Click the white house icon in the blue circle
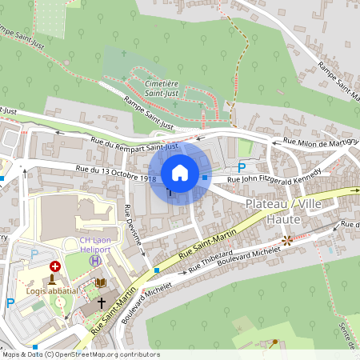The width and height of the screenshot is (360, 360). click(180, 173)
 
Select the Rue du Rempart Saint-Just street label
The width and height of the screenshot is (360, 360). click(134, 145)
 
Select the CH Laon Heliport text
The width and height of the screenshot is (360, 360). click(97, 244)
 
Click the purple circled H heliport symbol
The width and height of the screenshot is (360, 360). click(95, 260)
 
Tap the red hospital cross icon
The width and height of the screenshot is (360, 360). click(54, 266)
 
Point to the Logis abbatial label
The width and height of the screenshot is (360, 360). click(52, 290)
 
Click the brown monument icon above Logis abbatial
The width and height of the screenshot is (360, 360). click(53, 279)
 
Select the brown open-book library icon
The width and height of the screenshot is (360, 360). click(100, 282)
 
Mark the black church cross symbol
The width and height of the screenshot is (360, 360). click(101, 303)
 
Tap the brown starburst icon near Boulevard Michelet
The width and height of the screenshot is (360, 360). click(286, 239)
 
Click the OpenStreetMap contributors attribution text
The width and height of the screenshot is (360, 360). click(80, 354)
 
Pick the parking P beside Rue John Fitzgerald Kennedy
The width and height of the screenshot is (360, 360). click(242, 167)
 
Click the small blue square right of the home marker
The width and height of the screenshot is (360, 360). click(205, 178)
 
